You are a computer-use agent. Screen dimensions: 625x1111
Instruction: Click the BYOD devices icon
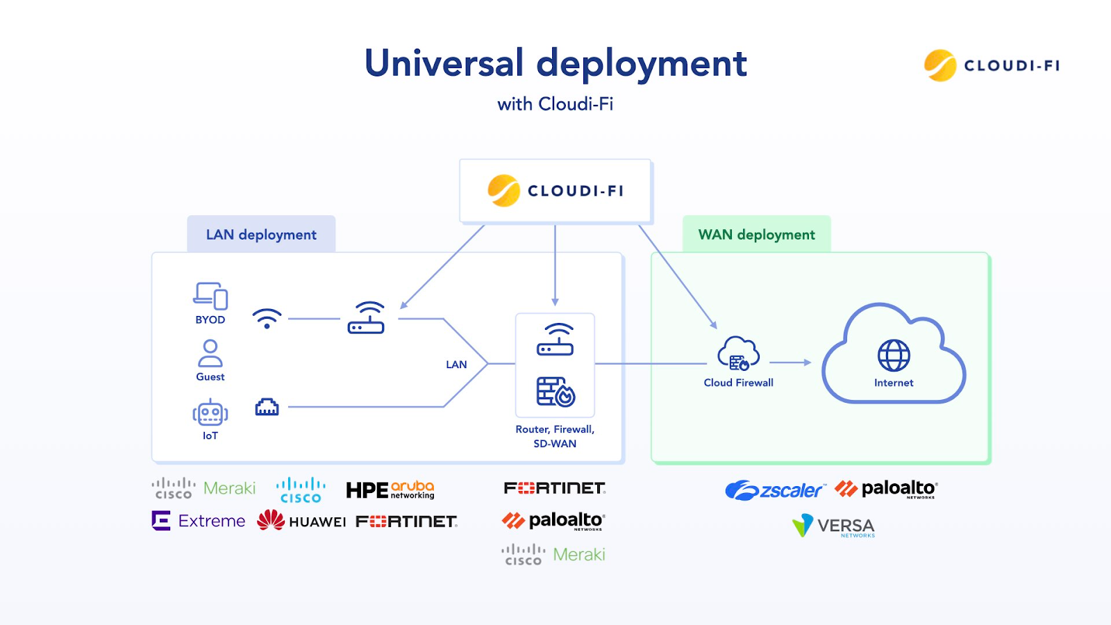(210, 296)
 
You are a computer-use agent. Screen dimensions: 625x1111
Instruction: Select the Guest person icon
(210, 353)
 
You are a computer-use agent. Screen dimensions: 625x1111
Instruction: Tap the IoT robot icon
(210, 413)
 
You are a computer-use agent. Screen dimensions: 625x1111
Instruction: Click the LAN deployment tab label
(261, 235)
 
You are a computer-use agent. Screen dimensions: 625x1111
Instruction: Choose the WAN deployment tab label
(756, 235)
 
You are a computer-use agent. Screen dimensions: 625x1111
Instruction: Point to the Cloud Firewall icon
(738, 354)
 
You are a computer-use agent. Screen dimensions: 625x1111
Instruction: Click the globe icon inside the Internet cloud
(894, 356)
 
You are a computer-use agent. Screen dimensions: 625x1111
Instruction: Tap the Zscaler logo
(775, 490)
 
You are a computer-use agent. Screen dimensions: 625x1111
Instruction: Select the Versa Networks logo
(833, 526)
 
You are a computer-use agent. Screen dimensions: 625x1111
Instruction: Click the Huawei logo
(301, 520)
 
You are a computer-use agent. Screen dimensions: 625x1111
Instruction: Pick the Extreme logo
(199, 521)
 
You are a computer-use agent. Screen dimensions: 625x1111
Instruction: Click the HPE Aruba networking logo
(390, 490)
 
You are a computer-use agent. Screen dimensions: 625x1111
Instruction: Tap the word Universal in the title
(444, 63)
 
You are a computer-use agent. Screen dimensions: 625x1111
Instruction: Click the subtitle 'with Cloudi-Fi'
(555, 104)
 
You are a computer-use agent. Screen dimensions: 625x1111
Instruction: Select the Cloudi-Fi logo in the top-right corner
(992, 66)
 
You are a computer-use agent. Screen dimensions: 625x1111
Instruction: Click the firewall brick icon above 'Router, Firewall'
(555, 392)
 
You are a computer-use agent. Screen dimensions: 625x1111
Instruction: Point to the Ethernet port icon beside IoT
(267, 407)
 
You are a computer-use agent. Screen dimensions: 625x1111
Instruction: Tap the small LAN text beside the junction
(456, 365)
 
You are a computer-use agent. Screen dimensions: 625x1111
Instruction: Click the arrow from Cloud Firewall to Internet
(790, 362)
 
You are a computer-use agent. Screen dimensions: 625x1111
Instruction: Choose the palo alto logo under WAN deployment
(886, 489)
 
